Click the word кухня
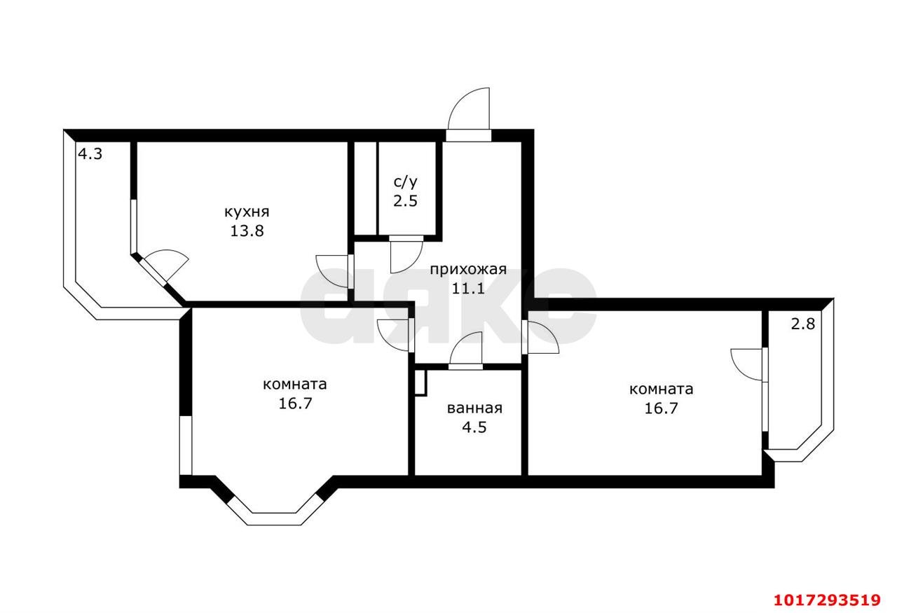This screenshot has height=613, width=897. coord(247,212)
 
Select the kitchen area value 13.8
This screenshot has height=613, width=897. coord(247,231)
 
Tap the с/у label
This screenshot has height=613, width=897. coord(406,182)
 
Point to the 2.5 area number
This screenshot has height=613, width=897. coord(405,200)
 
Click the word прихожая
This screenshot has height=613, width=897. coord(468,270)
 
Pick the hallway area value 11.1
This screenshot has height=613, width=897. coord(468,288)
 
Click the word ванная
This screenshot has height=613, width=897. coord(474,408)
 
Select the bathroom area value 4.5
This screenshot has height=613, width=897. coord(474,427)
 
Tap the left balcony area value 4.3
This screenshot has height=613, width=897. coord(90,153)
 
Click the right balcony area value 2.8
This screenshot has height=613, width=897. coord(803,324)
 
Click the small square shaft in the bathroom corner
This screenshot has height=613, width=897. coord(420,383)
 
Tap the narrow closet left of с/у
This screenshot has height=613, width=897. coord(366,188)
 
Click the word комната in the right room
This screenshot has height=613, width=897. coord(661,390)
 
